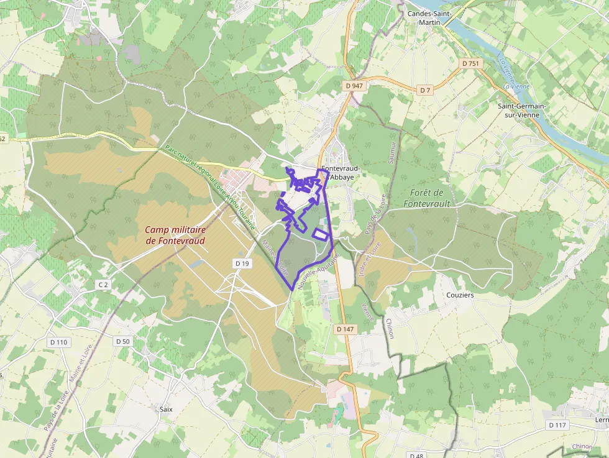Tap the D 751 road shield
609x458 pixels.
click(471, 63)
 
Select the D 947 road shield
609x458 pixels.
click(353, 86)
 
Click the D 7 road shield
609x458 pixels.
click(425, 90)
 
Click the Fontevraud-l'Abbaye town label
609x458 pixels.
click(341, 172)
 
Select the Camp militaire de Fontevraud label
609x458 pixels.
click(175, 235)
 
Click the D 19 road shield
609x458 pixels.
click(242, 263)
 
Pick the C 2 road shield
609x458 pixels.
click(103, 284)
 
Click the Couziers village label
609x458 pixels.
click(460, 295)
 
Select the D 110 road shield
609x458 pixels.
click(58, 342)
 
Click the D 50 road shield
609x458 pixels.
click(122, 341)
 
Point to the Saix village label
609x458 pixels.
click(166, 409)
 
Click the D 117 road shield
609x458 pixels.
click(558, 425)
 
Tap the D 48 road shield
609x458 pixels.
click(417, 456)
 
